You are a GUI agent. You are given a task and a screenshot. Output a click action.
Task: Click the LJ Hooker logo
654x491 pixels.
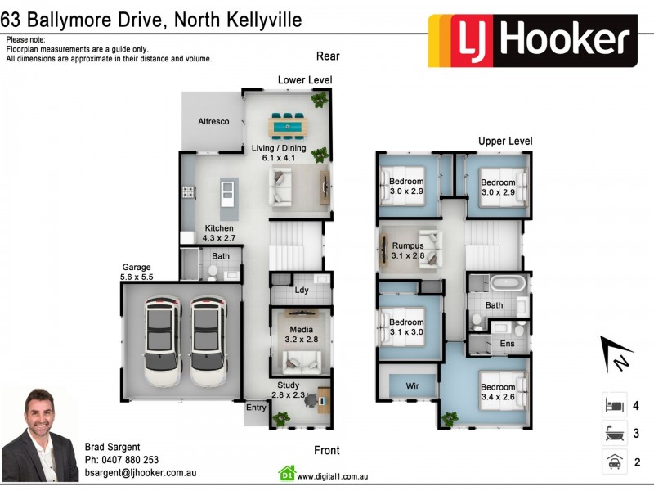tap(532, 40)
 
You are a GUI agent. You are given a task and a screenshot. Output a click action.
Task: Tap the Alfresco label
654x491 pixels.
tap(213, 122)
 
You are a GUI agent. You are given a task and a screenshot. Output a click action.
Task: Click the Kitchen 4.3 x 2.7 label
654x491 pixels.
tap(219, 233)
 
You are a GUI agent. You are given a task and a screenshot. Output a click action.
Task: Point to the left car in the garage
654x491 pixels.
tap(162, 341)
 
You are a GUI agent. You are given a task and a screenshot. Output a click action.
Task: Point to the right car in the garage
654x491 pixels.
tap(208, 341)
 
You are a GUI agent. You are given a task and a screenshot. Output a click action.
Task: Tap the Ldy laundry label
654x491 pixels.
tap(302, 290)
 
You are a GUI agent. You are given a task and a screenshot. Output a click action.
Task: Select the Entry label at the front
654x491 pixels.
tap(256, 408)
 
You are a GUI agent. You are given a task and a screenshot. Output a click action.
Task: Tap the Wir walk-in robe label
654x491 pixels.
tap(413, 385)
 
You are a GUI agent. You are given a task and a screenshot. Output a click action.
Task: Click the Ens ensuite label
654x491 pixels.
tap(507, 344)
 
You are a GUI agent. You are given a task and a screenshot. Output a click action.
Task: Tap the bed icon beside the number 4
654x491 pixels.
tap(615, 405)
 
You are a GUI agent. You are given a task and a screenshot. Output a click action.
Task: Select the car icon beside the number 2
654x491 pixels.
tap(615, 462)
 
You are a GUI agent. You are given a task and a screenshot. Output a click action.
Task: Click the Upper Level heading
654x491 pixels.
tap(505, 142)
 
